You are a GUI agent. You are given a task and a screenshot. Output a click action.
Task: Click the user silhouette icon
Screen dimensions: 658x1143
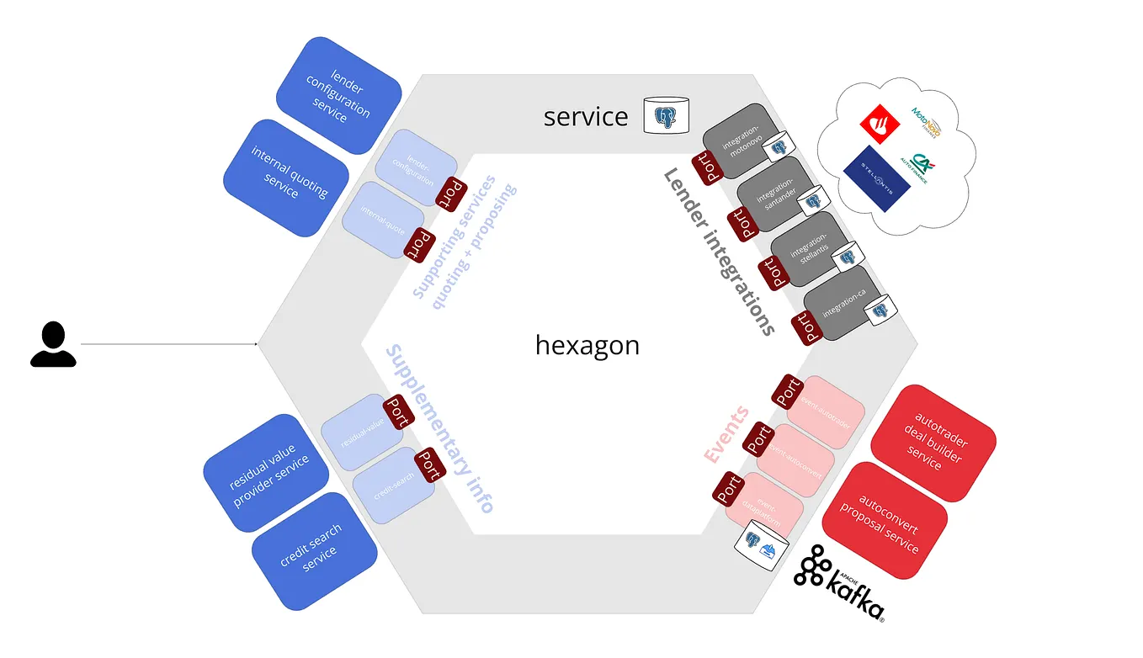[x=53, y=344]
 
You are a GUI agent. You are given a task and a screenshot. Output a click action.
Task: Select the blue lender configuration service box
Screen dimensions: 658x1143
[x=338, y=95]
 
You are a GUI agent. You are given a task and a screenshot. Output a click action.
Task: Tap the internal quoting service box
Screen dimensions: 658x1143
[x=285, y=177]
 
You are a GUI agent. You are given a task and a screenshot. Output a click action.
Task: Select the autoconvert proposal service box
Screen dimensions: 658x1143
[x=885, y=520]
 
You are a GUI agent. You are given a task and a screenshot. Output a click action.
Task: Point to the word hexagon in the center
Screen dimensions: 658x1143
[x=587, y=345]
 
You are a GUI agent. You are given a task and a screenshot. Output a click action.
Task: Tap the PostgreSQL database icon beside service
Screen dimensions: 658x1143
[x=667, y=115]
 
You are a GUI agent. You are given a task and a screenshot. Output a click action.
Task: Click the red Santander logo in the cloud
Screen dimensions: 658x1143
[x=880, y=125]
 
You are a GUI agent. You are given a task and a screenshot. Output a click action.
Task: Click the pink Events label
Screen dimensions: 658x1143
[x=726, y=435]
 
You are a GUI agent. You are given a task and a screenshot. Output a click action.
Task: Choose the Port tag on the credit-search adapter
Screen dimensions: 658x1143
[x=428, y=464]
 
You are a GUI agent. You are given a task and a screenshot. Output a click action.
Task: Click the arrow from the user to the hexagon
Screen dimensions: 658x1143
[x=168, y=343]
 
